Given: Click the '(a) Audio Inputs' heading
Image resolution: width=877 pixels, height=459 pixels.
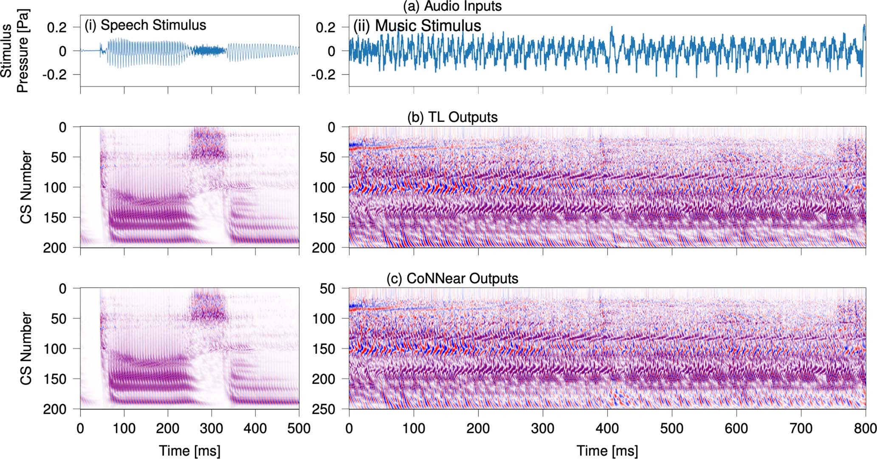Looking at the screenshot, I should click(452, 6).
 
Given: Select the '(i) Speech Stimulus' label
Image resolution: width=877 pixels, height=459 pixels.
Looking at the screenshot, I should click(145, 25).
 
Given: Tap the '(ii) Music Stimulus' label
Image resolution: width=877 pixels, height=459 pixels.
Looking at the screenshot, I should click(417, 26).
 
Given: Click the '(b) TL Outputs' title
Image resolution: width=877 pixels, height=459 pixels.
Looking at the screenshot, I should click(452, 117).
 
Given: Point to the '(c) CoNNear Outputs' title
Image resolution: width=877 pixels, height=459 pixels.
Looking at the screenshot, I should click(452, 279).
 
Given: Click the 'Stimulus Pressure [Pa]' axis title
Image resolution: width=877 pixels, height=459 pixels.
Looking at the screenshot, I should click(14, 51).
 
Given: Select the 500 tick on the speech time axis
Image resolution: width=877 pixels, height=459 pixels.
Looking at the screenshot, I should click(299, 428).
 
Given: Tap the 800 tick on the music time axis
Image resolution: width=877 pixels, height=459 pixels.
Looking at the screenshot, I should click(865, 428).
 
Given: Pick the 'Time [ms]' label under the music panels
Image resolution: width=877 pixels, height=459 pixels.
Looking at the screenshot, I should click(607, 451).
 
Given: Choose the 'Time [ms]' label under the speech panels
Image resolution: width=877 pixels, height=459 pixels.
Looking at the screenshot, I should click(189, 451).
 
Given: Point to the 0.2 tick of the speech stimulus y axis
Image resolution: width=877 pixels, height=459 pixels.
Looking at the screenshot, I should click(57, 28).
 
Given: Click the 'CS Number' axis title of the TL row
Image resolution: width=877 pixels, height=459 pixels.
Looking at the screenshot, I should click(26, 187).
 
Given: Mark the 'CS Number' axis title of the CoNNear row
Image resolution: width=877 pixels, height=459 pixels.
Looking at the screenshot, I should click(26, 349).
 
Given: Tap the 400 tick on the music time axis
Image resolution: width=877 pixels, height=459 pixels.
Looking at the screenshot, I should click(607, 428).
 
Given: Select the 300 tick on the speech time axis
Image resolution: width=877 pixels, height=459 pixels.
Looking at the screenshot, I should click(211, 428).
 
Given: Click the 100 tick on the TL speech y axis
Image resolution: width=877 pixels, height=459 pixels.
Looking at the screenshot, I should click(55, 187).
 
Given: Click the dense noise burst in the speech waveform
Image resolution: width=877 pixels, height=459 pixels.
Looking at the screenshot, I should click(208, 51).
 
